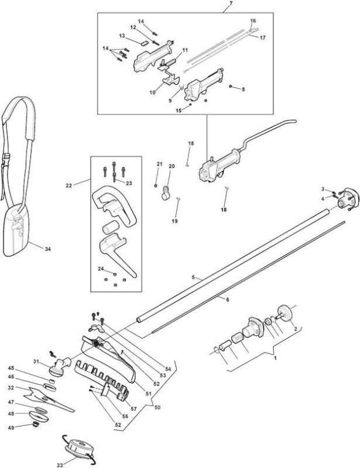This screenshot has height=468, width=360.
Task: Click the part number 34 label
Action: point(48,249)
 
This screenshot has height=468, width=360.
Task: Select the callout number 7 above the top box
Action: point(231,4)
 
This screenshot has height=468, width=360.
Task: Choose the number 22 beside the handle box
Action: point(69,185)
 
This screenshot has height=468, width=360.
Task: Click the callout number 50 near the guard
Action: point(157,407)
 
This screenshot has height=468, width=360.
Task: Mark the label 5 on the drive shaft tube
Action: point(193,277)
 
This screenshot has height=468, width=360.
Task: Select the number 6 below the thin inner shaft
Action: point(228,300)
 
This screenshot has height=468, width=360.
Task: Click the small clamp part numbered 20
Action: point(166,193)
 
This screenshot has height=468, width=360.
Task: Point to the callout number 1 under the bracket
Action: point(276,357)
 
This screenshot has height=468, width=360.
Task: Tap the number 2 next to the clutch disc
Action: point(296,329)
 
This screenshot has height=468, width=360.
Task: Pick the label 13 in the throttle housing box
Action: point(122,36)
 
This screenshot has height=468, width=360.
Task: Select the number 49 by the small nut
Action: point(11,428)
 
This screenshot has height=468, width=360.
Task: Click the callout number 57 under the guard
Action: point(133,408)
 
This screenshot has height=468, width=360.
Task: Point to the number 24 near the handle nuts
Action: point(101,269)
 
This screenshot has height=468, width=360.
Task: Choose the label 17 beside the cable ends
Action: point(263,38)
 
